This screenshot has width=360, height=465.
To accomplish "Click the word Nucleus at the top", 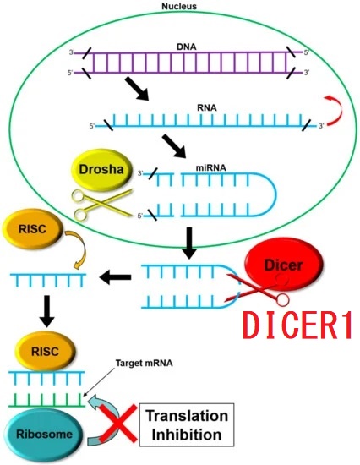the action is tap(179, 6).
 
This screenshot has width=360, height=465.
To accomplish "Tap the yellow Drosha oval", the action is tap(101, 169).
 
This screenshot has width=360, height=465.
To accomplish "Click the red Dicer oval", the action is tap(283, 265).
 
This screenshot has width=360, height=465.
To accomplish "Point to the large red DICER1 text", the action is tap(297, 325).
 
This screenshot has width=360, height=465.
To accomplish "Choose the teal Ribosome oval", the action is tap(45, 435).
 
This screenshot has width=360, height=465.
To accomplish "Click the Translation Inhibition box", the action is tap(187, 425).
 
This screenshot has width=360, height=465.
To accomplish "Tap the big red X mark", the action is tap(118, 424).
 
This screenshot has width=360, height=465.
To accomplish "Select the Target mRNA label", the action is tap(145, 363).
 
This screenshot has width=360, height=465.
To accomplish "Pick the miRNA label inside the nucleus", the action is tap(210, 168).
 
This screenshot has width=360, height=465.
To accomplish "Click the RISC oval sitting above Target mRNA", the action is tap(45, 352).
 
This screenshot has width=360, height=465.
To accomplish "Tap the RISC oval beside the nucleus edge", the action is tap(32, 228).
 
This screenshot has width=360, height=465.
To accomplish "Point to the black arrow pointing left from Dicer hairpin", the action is tap(116, 277).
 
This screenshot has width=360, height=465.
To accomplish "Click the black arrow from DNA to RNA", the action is tap(137, 90).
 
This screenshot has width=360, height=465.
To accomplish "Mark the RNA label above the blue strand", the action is tap(207, 107).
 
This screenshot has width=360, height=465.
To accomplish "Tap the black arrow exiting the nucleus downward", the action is tap(189, 243).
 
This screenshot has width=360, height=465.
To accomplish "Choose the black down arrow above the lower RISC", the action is tap(47, 311).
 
